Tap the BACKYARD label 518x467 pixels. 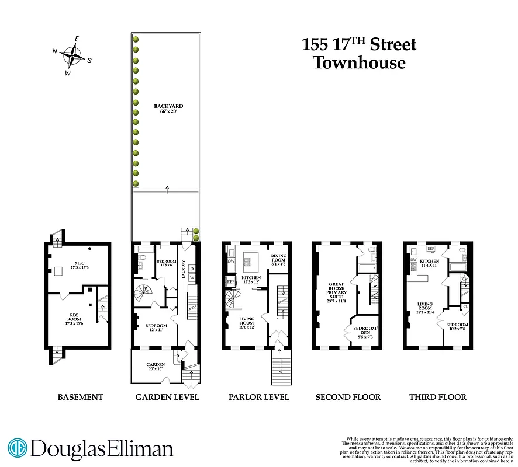click(168, 109)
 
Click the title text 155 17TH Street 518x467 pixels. click(359, 44)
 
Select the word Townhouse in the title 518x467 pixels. click(359, 62)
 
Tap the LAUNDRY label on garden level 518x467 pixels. click(184, 270)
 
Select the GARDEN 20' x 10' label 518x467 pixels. click(156, 367)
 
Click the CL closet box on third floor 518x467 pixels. click(465, 306)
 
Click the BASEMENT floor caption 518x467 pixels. click(80, 397)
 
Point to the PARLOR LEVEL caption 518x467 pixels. click(258, 397)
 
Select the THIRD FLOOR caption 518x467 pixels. click(438, 397)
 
